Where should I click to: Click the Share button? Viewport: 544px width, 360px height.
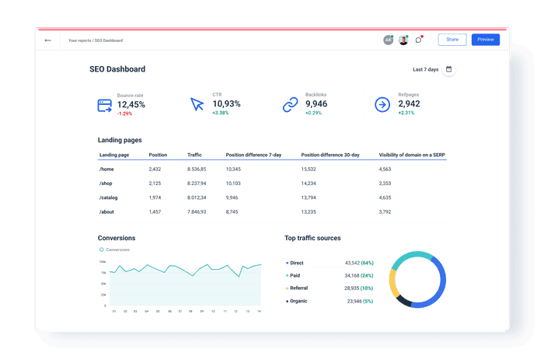click(x=452, y=40)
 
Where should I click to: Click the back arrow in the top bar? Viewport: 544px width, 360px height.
click(x=48, y=40)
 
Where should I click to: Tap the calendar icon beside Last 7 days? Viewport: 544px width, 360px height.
click(x=448, y=69)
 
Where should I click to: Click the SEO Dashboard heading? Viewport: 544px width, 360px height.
click(x=117, y=69)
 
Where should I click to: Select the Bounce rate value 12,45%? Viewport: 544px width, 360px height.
click(x=131, y=104)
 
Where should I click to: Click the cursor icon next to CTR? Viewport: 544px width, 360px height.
click(x=197, y=104)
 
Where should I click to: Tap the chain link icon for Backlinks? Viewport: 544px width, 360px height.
click(x=290, y=104)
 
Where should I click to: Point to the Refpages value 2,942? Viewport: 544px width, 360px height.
click(x=409, y=104)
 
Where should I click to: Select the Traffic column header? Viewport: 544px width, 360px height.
click(x=194, y=155)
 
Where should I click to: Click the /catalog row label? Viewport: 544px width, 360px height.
click(x=110, y=197)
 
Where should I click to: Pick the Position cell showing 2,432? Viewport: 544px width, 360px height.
click(x=155, y=169)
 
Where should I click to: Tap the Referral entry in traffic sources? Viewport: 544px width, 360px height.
click(x=298, y=288)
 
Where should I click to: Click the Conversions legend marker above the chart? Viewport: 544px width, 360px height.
click(x=101, y=250)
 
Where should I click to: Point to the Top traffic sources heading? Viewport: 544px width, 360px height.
click(x=312, y=238)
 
